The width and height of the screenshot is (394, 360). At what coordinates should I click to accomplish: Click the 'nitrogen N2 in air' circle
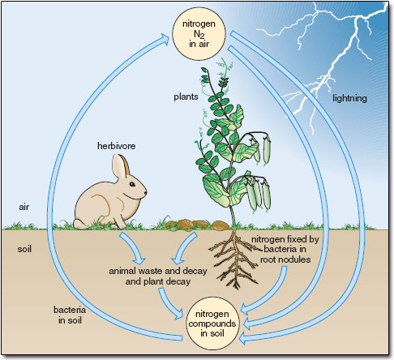tap(199, 33)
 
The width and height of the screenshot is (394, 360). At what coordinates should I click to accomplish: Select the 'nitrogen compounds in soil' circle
tap(212, 324)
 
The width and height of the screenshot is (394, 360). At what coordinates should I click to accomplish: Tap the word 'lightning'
tap(349, 98)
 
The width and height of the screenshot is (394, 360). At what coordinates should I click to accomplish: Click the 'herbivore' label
tap(116, 146)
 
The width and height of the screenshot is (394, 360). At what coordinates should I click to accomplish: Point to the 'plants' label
tap(186, 96)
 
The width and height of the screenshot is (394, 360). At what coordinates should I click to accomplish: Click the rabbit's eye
tap(132, 184)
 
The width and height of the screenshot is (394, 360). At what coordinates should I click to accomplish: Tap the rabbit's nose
tap(146, 193)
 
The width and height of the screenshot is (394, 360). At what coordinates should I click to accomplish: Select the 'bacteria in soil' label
tap(70, 315)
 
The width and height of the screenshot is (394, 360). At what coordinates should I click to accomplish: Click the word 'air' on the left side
tap(24, 207)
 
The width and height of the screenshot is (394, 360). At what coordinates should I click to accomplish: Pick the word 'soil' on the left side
tap(24, 249)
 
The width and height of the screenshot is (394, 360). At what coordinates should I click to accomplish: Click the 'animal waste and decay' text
tap(158, 271)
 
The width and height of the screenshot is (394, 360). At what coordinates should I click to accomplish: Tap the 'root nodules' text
tap(285, 259)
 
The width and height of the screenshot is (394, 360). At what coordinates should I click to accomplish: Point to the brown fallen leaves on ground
tap(198, 225)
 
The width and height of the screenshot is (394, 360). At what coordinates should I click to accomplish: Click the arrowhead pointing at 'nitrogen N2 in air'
tap(165, 38)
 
